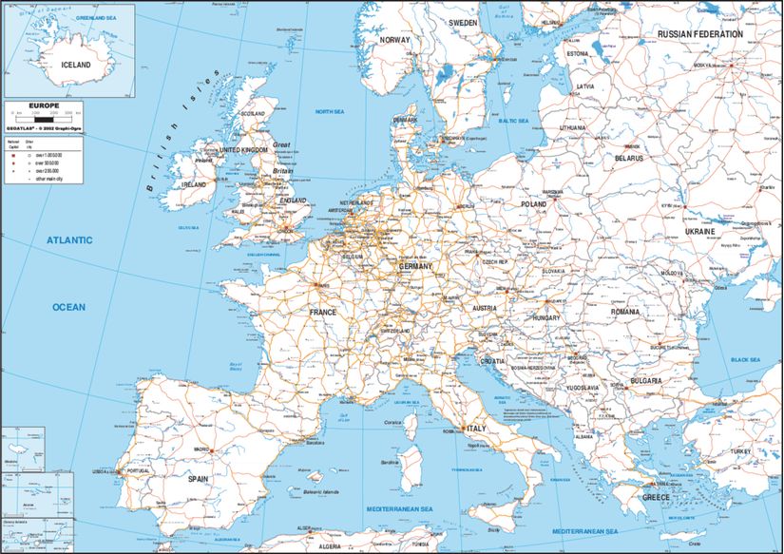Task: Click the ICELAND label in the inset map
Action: [76, 65]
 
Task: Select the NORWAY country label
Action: [394, 40]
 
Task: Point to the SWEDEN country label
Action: [463, 22]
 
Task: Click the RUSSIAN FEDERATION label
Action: [700, 34]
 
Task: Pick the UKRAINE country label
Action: [700, 231]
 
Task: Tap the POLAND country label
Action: [533, 203]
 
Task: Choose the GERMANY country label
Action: [415, 267]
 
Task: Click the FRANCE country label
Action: [323, 312]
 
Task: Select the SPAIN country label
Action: [198, 480]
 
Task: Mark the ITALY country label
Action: [475, 429]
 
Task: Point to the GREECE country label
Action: [656, 497]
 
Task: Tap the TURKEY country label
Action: [740, 451]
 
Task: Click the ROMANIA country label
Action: [626, 312]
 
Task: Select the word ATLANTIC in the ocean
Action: [69, 240]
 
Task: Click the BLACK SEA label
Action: [750, 360]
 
